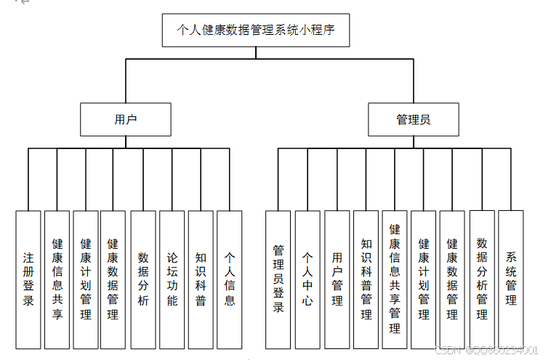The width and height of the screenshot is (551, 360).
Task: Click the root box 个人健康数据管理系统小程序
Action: click(x=255, y=31)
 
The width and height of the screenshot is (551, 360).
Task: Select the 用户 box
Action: click(x=126, y=119)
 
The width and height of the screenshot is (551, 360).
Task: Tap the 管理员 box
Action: click(x=413, y=119)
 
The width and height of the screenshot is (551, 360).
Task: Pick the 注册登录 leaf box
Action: click(x=28, y=279)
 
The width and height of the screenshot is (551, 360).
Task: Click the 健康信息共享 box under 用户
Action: click(x=57, y=279)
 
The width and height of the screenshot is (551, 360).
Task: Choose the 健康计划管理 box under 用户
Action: click(x=86, y=279)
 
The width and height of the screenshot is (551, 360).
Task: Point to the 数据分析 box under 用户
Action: click(x=143, y=279)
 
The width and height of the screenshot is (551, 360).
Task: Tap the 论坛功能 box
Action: click(x=172, y=279)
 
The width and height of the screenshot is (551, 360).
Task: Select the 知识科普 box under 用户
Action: click(x=201, y=279)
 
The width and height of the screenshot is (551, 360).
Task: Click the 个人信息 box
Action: click(x=229, y=279)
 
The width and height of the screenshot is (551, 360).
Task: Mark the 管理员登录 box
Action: click(x=278, y=279)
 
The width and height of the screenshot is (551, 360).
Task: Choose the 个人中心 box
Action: click(x=307, y=279)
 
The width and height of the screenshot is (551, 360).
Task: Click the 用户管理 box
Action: click(x=337, y=279)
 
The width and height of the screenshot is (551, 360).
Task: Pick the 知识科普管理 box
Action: click(x=366, y=279)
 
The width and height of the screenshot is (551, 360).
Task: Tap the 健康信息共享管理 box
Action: click(x=395, y=279)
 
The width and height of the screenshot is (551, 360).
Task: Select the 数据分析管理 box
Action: click(x=482, y=279)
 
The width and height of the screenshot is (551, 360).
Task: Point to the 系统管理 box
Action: click(x=510, y=279)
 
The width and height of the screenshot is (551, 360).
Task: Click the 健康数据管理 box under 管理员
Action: click(x=452, y=279)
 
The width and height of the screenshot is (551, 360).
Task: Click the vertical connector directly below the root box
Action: click(x=255, y=52)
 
